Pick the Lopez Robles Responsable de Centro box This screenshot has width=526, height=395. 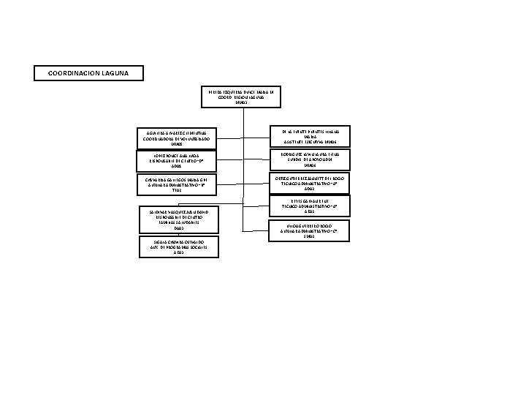[x=173, y=161]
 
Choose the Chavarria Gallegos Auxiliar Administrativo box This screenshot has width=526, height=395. [x=173, y=184]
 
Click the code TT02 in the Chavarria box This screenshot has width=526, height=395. [x=173, y=192]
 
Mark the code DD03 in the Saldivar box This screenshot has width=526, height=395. [x=175, y=229]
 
